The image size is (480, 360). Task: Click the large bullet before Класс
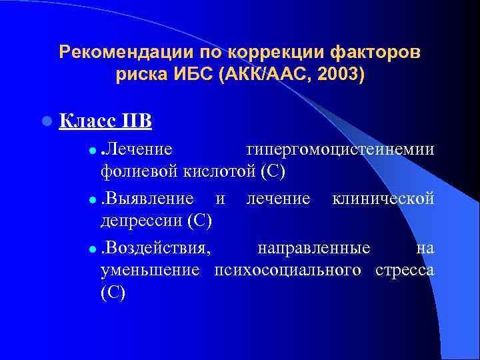45,122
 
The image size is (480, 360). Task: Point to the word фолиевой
137,171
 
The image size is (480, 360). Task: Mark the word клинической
383,199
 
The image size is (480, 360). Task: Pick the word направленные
314,249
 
